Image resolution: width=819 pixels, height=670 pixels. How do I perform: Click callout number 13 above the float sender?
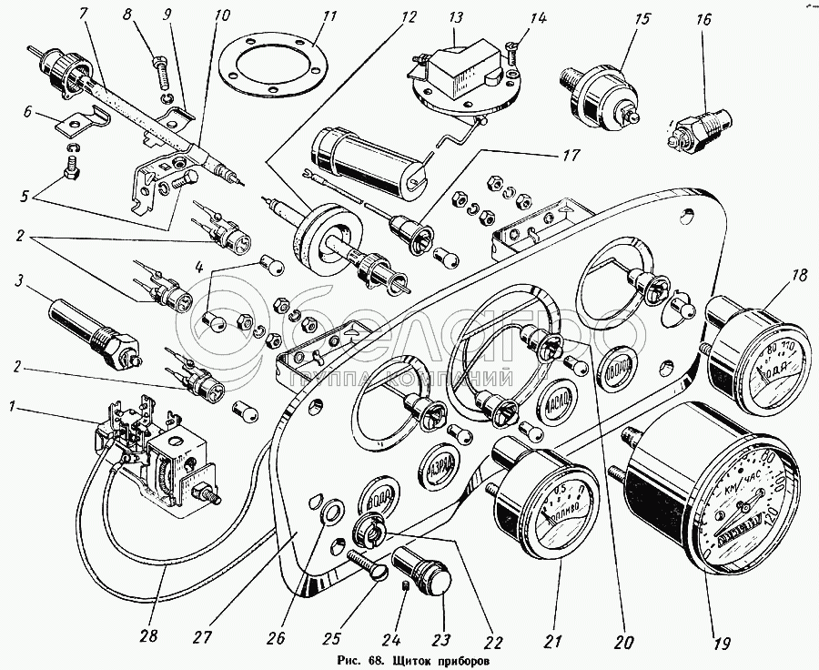click(455, 18)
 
